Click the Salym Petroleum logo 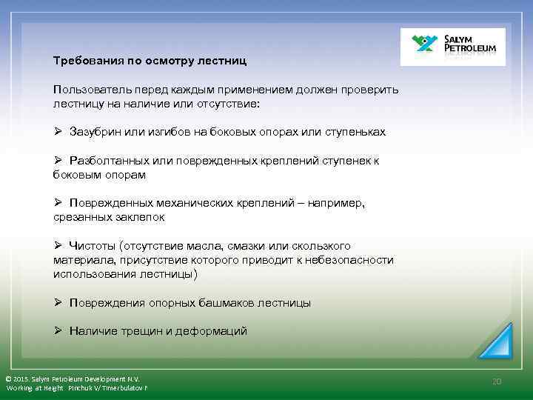tap(452, 47)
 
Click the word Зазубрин tap(95, 132)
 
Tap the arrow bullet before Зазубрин tap(58, 132)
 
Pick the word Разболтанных tap(108, 161)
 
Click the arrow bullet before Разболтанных tap(58, 161)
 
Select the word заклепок tap(140, 217)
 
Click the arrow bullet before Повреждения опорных tap(58, 303)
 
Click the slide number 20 tap(497, 381)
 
